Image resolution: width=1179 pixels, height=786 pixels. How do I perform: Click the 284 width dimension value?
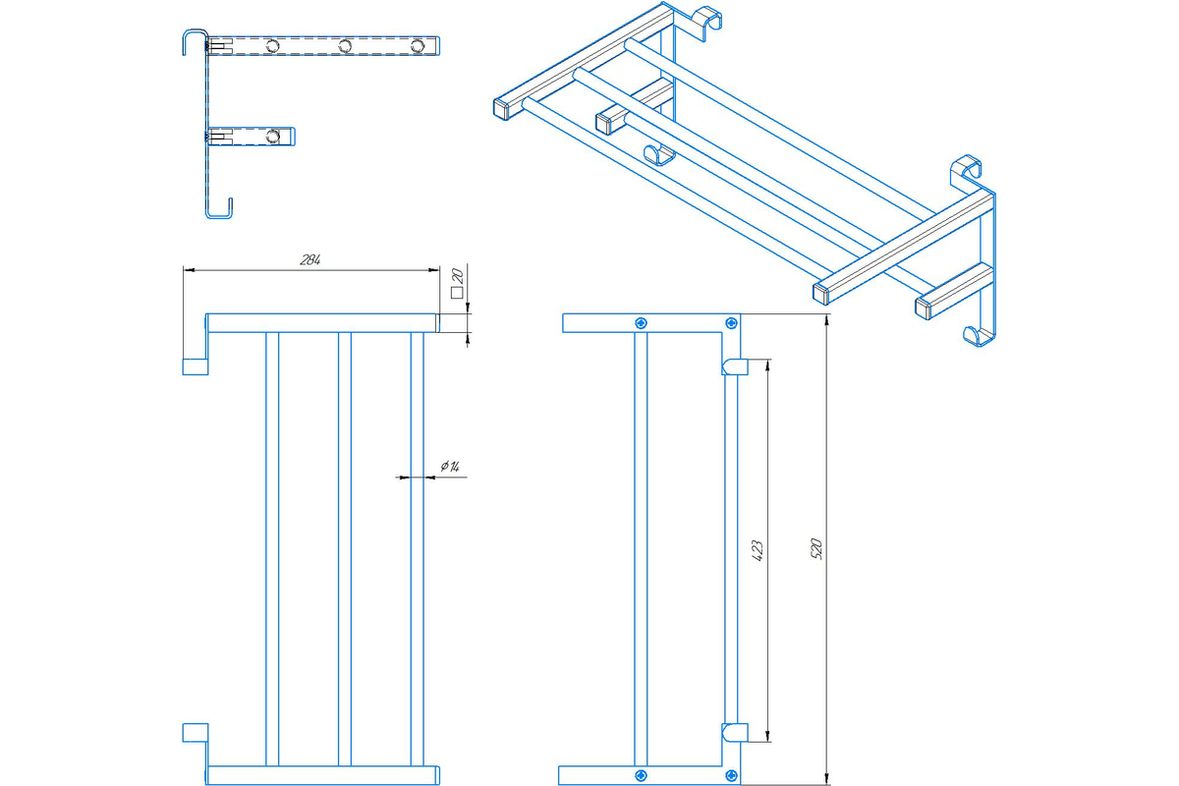310,260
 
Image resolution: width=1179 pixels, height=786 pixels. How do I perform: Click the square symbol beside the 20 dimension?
456,292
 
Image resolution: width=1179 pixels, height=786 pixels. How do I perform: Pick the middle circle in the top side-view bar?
345,46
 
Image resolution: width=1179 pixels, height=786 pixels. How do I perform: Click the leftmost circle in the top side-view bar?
271,46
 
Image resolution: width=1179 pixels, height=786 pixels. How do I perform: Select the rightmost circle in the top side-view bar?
418,46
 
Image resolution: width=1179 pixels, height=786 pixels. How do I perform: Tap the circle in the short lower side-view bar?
274,136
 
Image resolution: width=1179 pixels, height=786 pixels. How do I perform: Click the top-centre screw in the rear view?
642,322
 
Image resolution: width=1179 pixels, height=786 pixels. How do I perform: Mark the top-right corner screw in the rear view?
730,322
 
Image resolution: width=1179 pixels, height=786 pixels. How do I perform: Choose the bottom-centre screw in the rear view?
642,776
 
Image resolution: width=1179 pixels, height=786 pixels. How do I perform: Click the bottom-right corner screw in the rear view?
730,776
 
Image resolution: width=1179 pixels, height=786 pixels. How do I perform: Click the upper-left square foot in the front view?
195,365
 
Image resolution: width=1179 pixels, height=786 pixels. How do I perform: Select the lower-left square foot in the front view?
195,732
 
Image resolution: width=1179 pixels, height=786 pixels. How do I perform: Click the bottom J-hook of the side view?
220,210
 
